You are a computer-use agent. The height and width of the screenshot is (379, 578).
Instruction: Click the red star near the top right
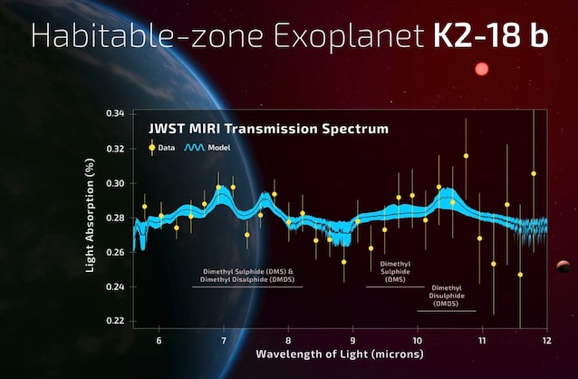click(x=481, y=69)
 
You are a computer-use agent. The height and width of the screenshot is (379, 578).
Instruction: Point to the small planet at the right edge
click(x=564, y=266)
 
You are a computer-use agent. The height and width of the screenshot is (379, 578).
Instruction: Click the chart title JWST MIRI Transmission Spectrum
click(x=268, y=129)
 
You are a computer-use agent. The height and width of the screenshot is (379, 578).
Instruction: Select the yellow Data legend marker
click(x=151, y=146)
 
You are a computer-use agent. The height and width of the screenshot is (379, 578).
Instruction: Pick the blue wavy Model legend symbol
click(x=195, y=146)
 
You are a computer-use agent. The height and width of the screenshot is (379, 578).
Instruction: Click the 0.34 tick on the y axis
click(x=115, y=113)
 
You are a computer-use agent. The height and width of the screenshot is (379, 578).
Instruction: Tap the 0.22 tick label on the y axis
click(x=115, y=321)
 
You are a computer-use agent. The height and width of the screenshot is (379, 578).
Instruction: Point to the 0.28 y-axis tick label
click(x=115, y=218)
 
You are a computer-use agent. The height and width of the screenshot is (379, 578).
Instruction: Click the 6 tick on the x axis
click(x=159, y=340)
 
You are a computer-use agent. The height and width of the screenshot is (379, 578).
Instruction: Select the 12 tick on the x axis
click(x=546, y=340)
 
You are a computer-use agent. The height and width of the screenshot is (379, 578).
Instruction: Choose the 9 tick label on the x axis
click(x=352, y=340)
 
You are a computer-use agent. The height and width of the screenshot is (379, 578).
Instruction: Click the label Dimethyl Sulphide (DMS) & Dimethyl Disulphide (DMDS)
click(x=247, y=275)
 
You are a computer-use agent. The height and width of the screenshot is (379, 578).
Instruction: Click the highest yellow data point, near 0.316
click(x=466, y=156)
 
